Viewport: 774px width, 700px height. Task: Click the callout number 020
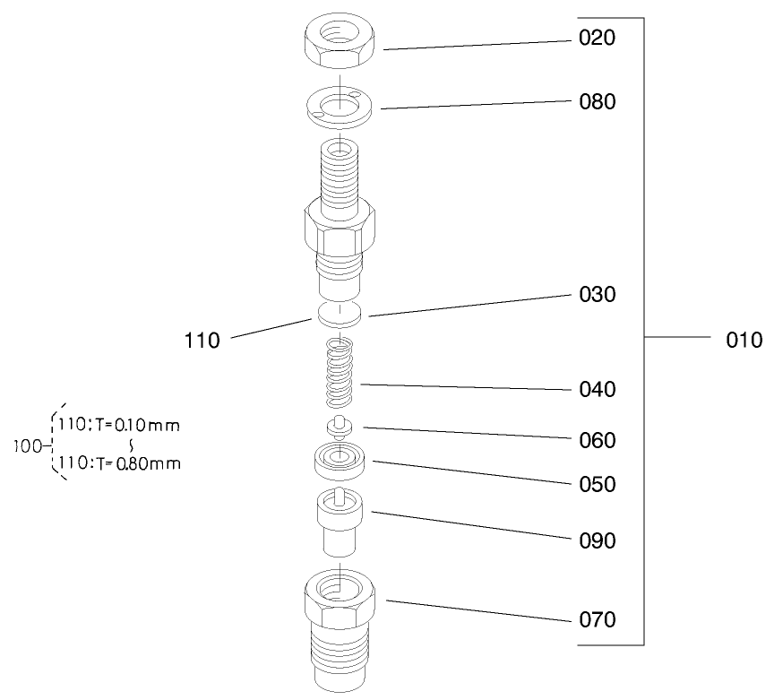(597, 38)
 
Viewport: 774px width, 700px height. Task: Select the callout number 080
(598, 102)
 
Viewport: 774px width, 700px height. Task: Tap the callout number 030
(598, 294)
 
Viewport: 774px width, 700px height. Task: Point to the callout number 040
(598, 390)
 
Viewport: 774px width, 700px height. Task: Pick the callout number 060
(598, 441)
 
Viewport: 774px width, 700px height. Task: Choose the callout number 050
(598, 485)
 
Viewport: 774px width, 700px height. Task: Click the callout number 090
(598, 541)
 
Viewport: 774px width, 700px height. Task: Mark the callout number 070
(598, 620)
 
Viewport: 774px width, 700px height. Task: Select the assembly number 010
(744, 341)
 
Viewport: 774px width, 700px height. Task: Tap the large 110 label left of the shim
(202, 341)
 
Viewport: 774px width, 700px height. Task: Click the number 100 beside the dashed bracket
(28, 446)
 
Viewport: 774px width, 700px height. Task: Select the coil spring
(340, 373)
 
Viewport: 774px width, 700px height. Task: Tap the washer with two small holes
(340, 108)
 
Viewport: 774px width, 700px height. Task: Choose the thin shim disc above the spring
(340, 315)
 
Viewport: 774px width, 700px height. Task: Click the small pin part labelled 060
(340, 428)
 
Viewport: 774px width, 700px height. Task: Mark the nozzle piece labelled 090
(340, 523)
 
